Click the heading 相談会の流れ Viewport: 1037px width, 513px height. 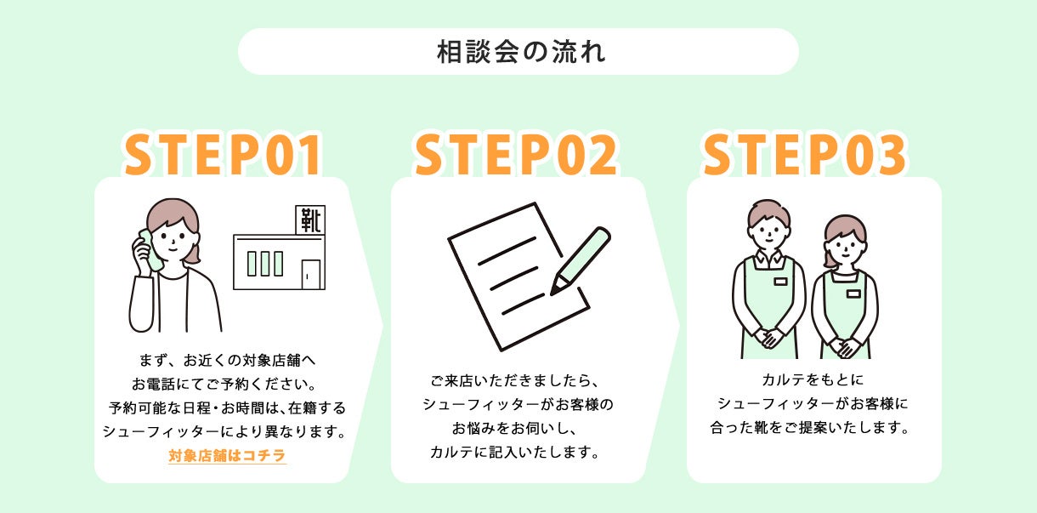(x=518, y=52)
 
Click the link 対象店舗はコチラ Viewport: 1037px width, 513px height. (x=227, y=456)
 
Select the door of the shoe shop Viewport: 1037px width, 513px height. (x=311, y=274)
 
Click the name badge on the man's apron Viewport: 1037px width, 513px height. (x=780, y=281)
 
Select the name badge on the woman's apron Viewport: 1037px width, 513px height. (x=853, y=294)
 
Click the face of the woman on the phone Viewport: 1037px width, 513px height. (x=173, y=239)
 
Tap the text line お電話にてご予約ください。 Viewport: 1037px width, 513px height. (x=224, y=384)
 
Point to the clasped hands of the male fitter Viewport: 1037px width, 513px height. (x=769, y=338)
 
